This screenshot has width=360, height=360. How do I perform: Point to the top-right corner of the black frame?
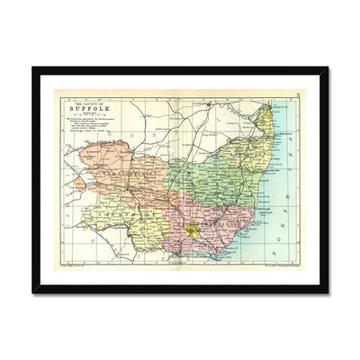(327, 69)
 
